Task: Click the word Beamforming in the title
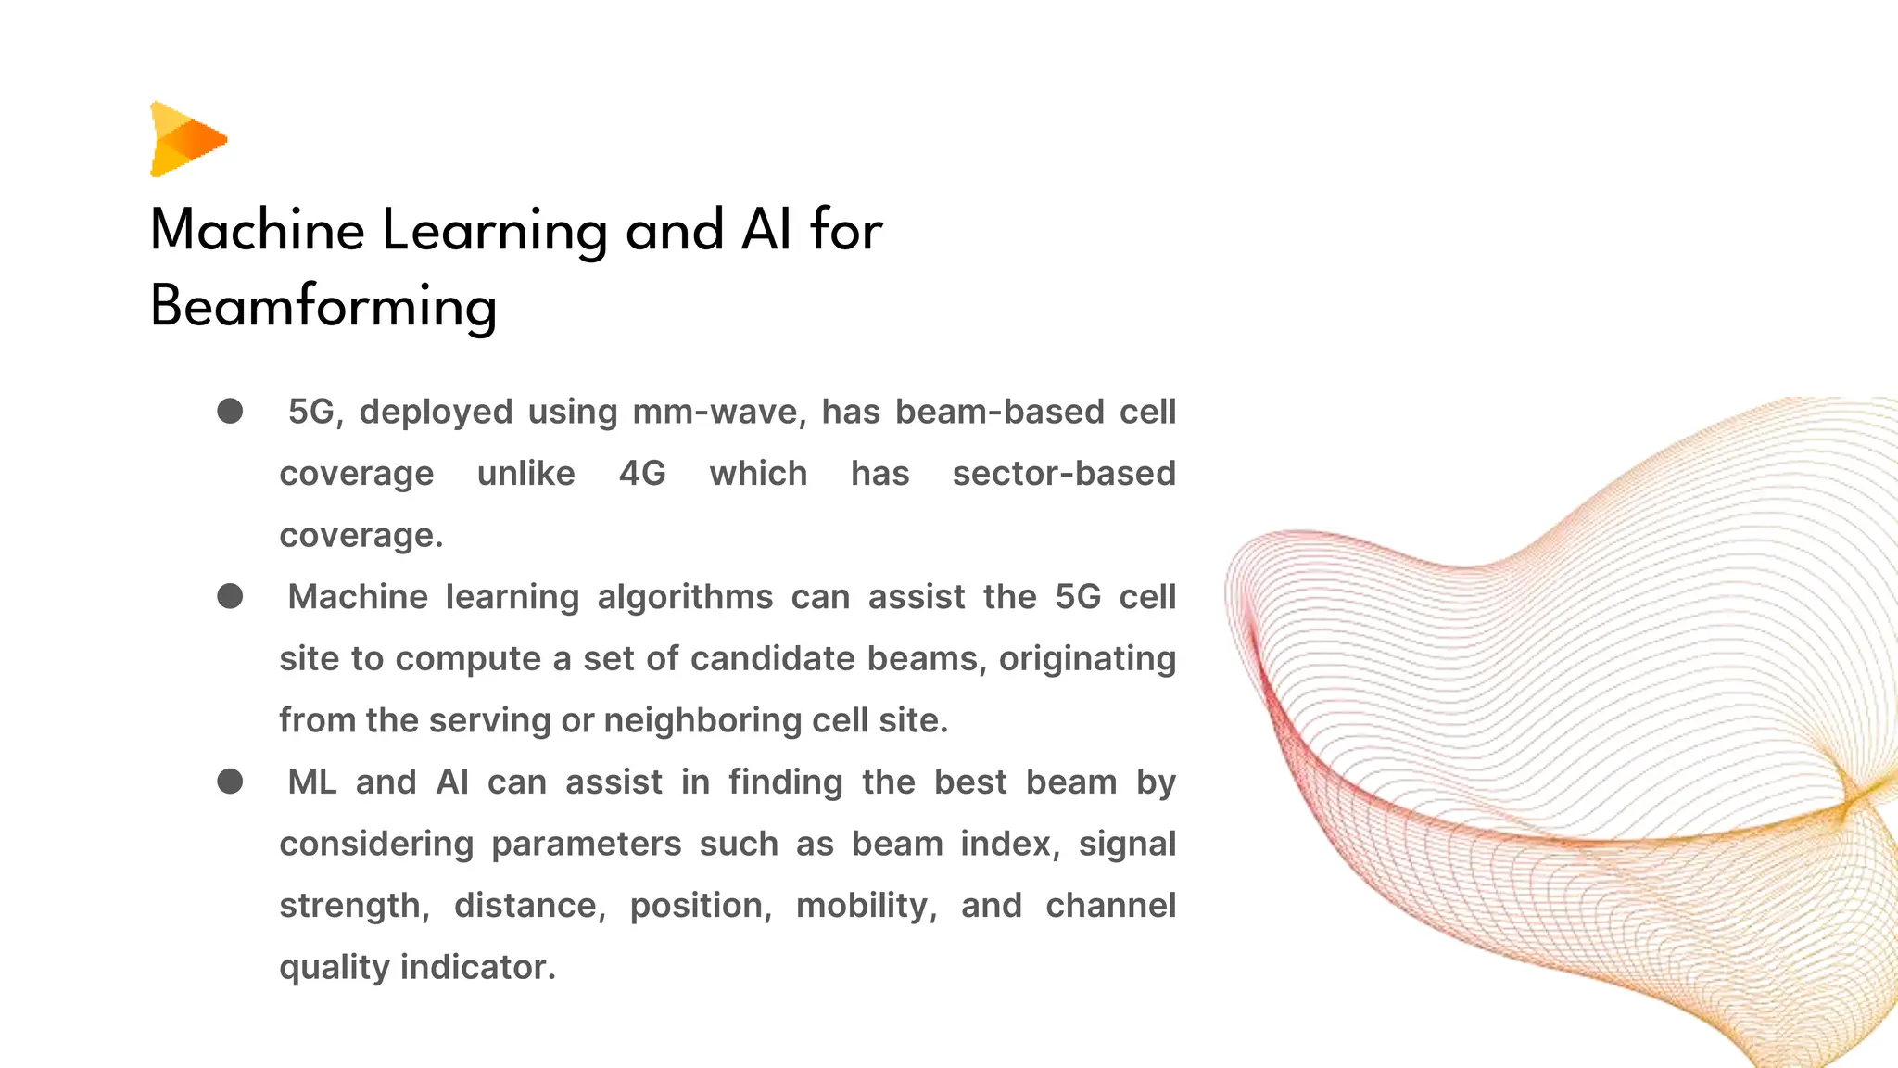coord(323,307)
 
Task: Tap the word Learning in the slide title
coord(494,231)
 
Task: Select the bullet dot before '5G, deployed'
coord(230,411)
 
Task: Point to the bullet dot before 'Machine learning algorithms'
coord(230,596)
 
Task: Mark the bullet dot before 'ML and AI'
coord(230,782)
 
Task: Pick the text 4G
coord(642,474)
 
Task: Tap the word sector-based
coord(1064,474)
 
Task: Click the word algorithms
coord(685,597)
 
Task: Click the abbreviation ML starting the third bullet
coord(312,782)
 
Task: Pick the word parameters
coord(586,844)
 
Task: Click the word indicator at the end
coord(477,967)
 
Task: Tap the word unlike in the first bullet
coord(525,474)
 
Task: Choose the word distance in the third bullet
coord(529,906)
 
